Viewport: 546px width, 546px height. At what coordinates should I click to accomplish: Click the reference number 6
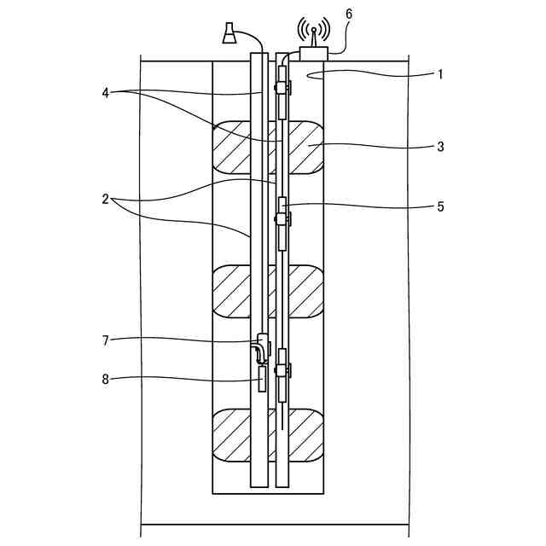(349, 15)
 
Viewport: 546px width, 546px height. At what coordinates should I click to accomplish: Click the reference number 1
(440, 74)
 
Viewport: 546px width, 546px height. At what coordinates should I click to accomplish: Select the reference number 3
(440, 147)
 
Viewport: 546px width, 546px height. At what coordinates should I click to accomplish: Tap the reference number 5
(440, 206)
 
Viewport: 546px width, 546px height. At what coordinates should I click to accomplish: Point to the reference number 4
(106, 93)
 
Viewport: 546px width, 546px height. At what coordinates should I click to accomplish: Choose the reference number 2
(106, 200)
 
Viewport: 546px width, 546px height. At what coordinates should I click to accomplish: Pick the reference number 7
(106, 340)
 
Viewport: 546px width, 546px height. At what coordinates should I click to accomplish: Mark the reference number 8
(106, 379)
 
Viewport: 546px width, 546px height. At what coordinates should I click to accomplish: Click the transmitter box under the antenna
(314, 53)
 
